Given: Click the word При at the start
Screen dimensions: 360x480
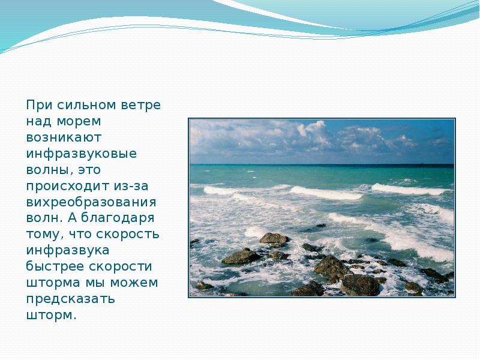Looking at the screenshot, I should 38,105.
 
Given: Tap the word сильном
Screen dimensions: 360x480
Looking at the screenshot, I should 86,105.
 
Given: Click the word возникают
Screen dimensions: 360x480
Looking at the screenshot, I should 67,137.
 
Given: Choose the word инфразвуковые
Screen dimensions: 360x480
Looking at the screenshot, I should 82,154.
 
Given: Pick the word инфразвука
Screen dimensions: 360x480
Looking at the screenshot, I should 67,251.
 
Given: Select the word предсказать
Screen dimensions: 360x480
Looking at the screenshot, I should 71,299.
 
